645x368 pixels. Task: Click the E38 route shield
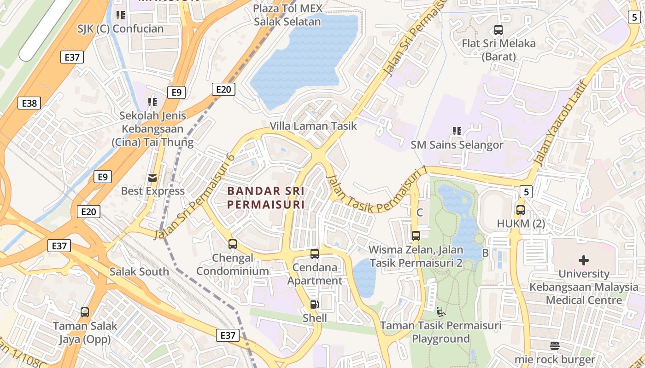coord(29,103)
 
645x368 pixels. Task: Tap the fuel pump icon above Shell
coord(315,304)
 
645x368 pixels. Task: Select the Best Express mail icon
coord(152,178)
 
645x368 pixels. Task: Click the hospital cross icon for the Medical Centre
coord(584,260)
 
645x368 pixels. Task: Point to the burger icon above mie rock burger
coord(555,346)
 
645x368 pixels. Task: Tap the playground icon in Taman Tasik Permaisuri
coord(441,312)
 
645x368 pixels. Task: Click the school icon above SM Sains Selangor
coord(457,131)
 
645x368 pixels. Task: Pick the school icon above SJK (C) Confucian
coord(121,15)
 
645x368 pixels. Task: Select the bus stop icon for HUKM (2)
coord(521,210)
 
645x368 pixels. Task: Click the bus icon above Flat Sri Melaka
coord(498,30)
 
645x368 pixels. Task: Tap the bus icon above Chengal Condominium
coord(233,244)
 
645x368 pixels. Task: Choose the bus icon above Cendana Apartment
coord(315,253)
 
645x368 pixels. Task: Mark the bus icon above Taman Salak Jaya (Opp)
coord(85,312)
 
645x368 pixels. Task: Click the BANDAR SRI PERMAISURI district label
coord(266,197)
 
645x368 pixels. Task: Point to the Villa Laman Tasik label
coord(313,126)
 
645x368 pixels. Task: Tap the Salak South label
coord(139,271)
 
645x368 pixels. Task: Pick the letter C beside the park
coord(420,213)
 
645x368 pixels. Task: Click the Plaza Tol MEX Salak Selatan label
coord(287,15)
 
